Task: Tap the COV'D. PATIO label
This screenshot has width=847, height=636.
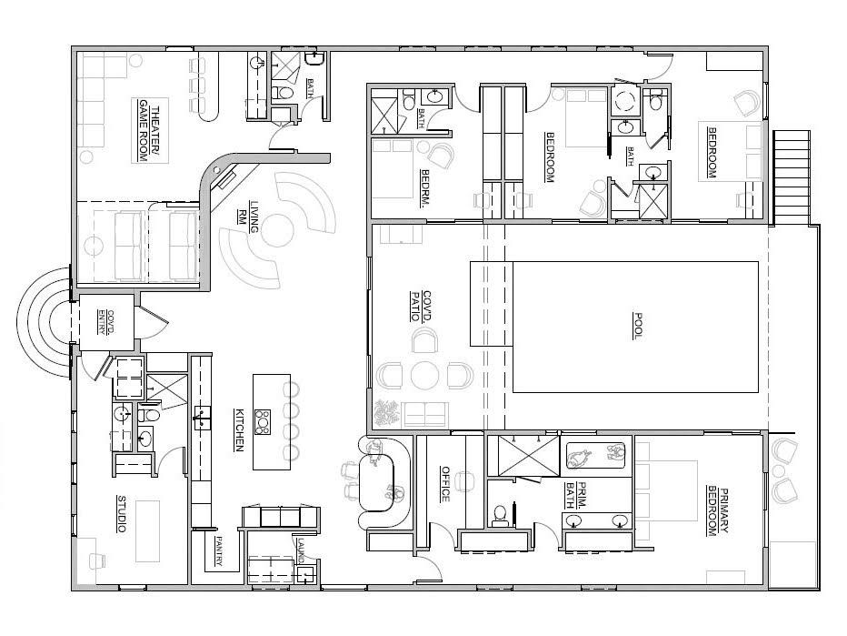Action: click(x=415, y=307)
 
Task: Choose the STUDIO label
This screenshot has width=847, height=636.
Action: click(x=121, y=513)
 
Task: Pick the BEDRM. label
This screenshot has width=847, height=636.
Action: click(x=424, y=189)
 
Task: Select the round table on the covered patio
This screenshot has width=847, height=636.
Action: click(x=424, y=374)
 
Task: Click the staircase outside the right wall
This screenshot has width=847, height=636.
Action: click(x=791, y=177)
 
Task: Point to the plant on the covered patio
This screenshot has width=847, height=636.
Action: click(x=388, y=414)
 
